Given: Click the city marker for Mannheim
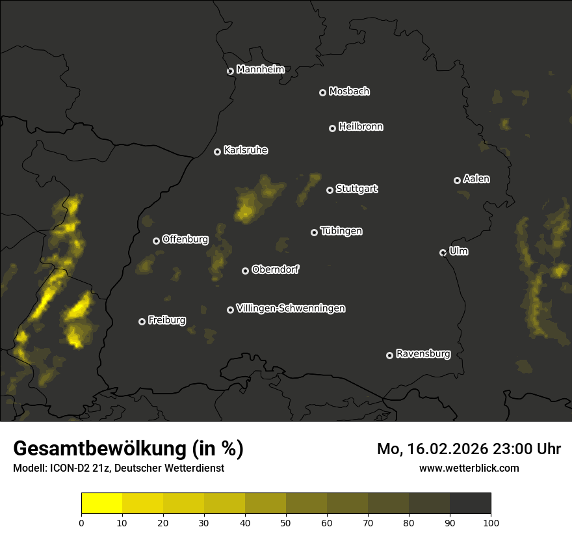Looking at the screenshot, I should [x=230, y=72].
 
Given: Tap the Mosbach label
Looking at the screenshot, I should [x=349, y=92].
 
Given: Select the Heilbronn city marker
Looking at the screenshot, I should [x=332, y=128].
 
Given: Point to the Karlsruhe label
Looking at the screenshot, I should [x=246, y=150].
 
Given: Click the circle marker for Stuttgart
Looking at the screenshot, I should [x=330, y=190].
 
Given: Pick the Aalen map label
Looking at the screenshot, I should [x=476, y=179].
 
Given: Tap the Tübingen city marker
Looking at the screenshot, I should [x=314, y=232].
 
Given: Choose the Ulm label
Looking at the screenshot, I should [x=458, y=251].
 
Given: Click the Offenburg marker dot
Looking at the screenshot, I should [x=156, y=241].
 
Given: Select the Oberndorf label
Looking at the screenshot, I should [x=275, y=269].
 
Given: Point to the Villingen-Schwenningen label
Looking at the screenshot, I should [x=291, y=308].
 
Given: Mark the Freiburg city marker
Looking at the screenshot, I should [x=142, y=321].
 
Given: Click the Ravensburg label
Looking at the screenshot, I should [x=422, y=354].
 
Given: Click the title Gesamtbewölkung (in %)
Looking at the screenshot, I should [x=128, y=449].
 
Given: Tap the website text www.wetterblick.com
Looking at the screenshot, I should [x=469, y=468].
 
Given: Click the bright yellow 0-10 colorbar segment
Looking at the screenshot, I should [x=102, y=504].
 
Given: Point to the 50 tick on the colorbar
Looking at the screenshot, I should [x=286, y=522].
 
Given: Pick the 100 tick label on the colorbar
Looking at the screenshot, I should [x=490, y=522].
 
